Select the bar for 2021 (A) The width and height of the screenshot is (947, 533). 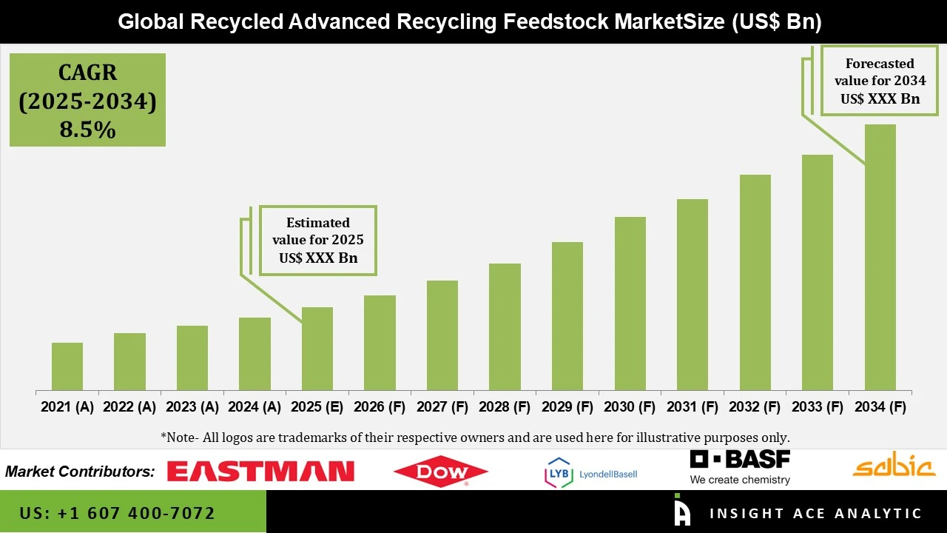[67, 366]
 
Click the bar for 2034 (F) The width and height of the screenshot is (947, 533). [880, 258]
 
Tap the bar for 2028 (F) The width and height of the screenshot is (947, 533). [505, 327]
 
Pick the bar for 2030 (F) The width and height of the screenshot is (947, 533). [630, 304]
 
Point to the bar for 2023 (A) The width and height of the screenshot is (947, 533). [192, 358]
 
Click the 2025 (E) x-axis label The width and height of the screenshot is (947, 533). [317, 407]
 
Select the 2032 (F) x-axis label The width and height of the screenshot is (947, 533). [755, 407]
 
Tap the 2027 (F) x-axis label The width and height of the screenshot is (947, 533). [442, 407]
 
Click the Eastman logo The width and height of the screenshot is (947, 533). [260, 472]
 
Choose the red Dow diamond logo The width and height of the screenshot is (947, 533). [440, 472]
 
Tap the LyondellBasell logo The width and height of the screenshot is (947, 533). [590, 473]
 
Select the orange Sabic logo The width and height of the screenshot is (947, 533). [894, 466]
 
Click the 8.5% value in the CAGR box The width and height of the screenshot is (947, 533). [87, 130]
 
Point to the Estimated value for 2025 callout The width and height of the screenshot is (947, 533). [317, 241]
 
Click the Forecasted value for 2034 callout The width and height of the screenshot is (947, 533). [880, 81]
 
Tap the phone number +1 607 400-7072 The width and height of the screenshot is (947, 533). [118, 513]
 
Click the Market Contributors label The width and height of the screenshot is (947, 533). [80, 472]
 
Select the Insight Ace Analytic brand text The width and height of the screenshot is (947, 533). [815, 513]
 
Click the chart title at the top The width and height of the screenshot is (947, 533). [470, 22]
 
